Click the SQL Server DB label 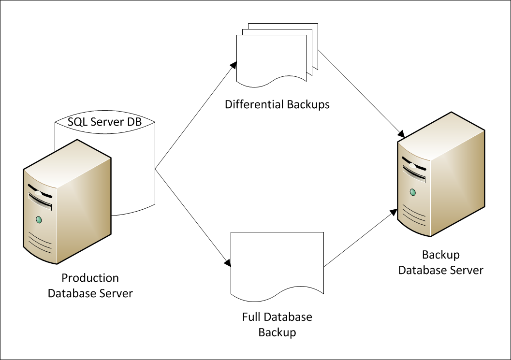pyautogui.click(x=105, y=122)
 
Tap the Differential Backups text pyautogui.click(x=277, y=104)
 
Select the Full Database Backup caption pyautogui.click(x=277, y=325)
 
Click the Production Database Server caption pyautogui.click(x=90, y=286)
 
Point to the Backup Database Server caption pyautogui.click(x=440, y=262)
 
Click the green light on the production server pyautogui.click(x=38, y=220)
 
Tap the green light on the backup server pyautogui.click(x=412, y=192)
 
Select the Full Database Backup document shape pyautogui.click(x=277, y=261)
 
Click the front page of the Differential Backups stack pyautogui.click(x=271, y=56)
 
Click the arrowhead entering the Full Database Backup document pyautogui.click(x=228, y=263)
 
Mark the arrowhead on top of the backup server pyautogui.click(x=401, y=132)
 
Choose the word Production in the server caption pyautogui.click(x=90, y=278)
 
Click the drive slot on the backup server pyautogui.click(x=412, y=172)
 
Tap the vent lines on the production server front pyautogui.click(x=40, y=242)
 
